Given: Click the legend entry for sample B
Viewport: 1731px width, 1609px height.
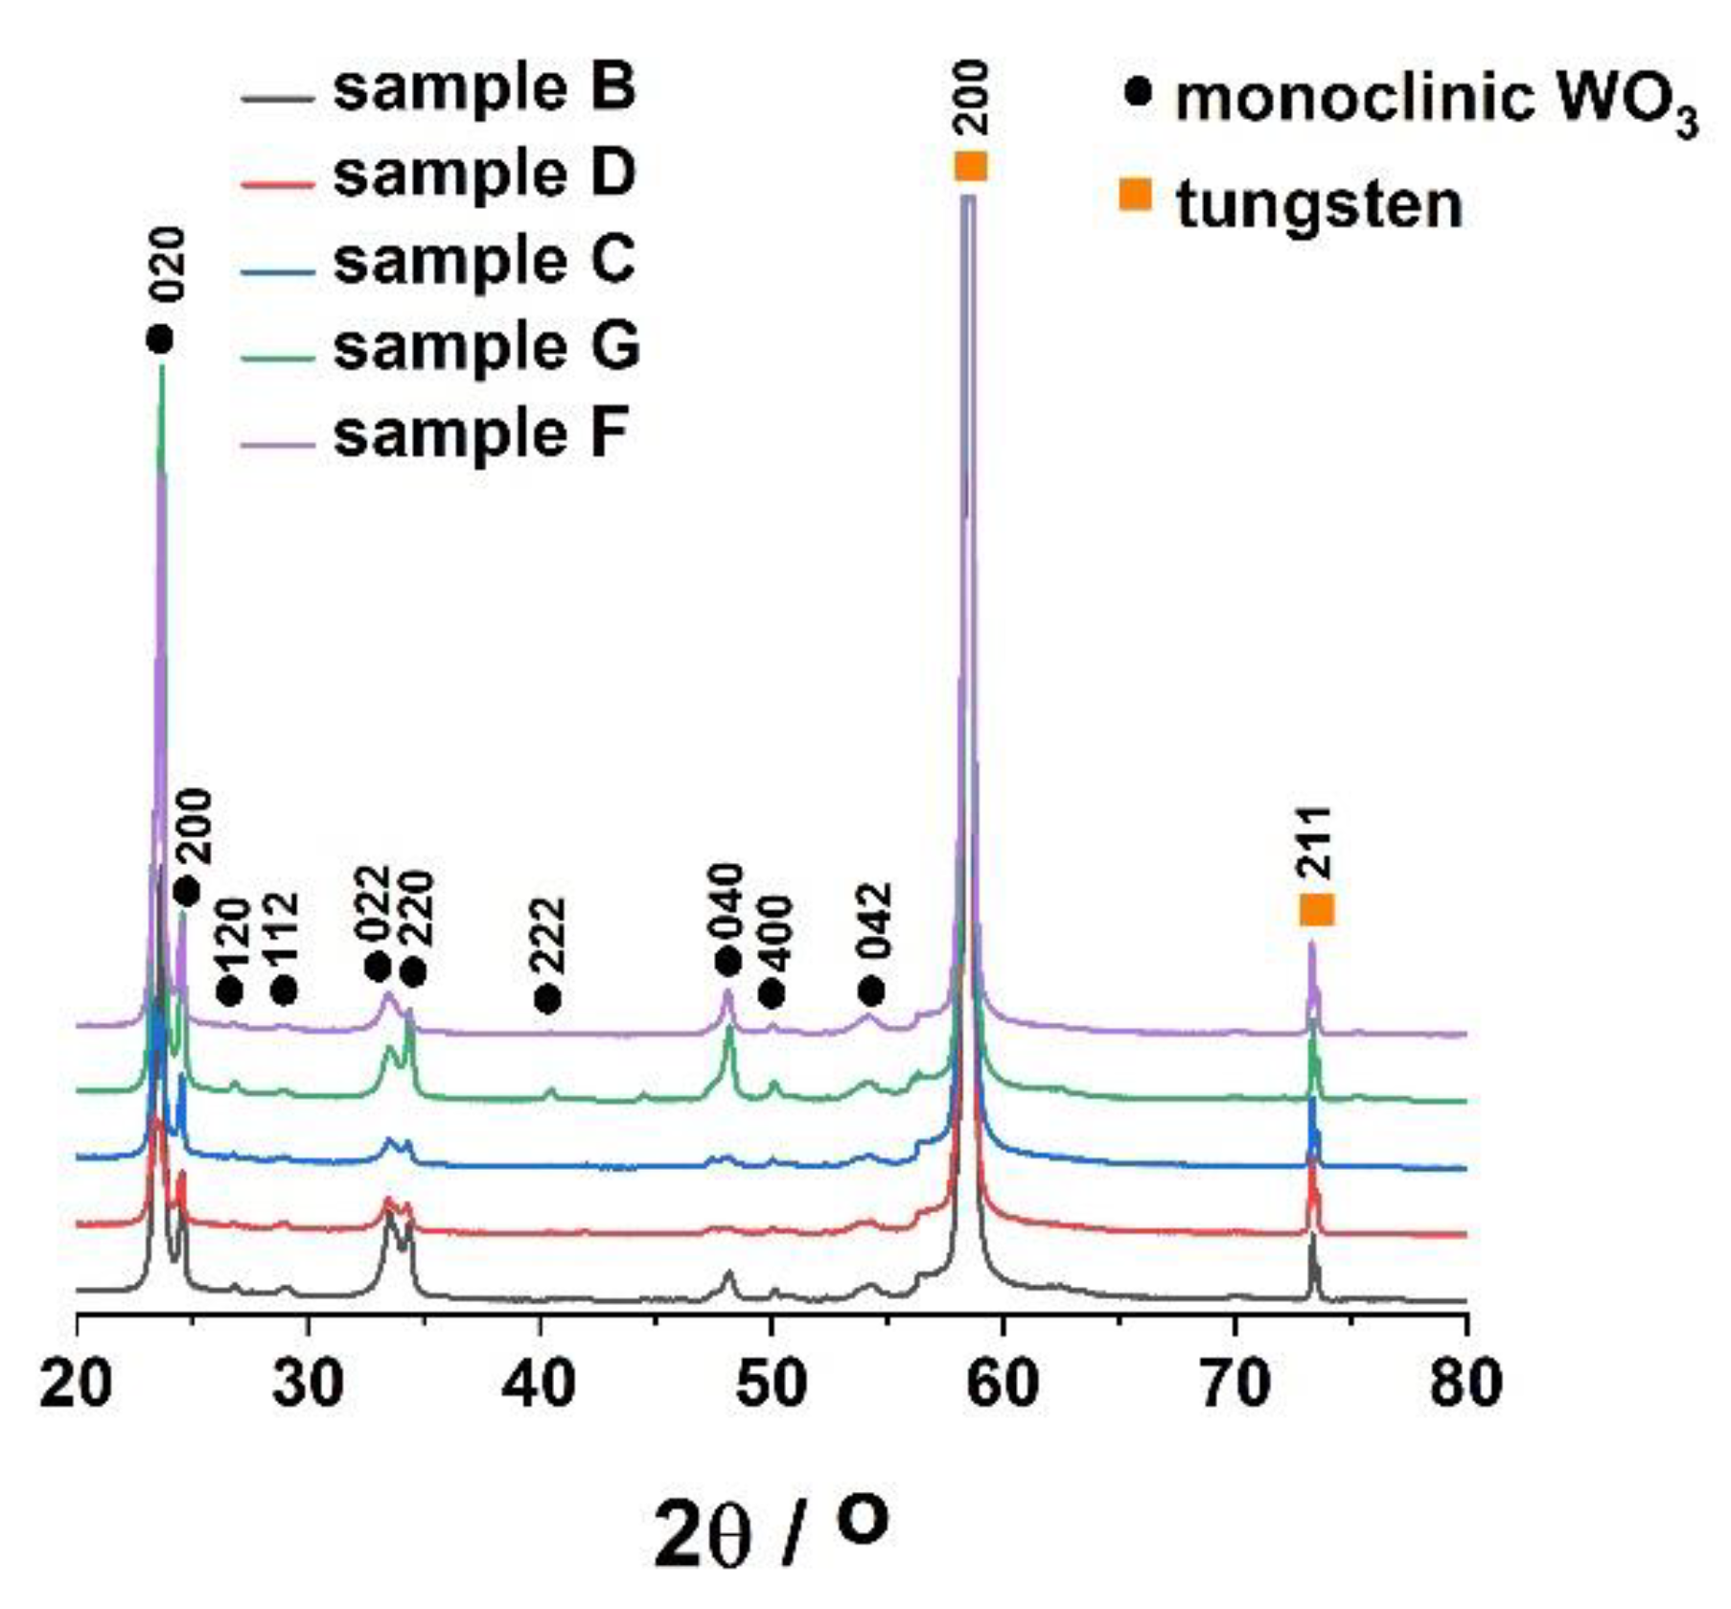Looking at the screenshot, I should click(484, 88).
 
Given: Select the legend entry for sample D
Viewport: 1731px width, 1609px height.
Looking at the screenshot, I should click(484, 175).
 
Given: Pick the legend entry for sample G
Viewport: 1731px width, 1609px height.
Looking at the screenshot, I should click(486, 347).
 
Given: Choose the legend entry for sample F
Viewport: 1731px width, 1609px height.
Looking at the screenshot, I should click(480, 433).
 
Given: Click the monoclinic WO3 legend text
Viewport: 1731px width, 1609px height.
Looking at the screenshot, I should click(1436, 101).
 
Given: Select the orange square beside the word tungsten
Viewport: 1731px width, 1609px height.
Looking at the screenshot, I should click(1135, 195).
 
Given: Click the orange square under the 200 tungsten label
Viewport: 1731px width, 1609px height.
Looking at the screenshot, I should click(970, 166).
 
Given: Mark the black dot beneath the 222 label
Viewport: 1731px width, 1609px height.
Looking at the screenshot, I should click(547, 999).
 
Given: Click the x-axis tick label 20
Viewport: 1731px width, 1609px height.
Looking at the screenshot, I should click(76, 1384).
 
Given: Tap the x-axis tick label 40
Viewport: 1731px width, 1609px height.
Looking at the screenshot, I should click(541, 1384).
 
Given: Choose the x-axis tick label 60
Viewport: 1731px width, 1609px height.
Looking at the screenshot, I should click(1004, 1384).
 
